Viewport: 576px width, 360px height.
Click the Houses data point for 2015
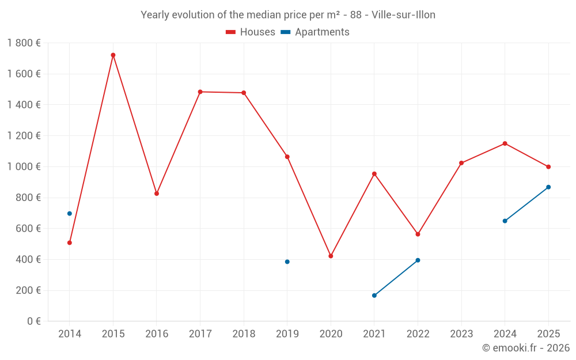(113, 55)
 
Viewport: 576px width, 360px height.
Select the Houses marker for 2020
(331, 256)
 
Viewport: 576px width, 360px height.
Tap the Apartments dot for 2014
(70, 214)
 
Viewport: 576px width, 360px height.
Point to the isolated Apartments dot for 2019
(287, 262)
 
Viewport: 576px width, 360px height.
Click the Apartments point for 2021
(374, 295)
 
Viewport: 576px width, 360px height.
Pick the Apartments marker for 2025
(548, 187)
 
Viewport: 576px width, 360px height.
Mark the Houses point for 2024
(505, 143)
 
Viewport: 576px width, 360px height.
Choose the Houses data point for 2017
(200, 92)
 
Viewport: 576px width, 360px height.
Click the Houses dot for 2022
(418, 234)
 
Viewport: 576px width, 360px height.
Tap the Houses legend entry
(251, 32)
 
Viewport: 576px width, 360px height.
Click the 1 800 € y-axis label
(24, 43)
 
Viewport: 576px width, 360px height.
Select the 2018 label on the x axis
(244, 334)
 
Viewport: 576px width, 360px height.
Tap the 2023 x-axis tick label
(461, 334)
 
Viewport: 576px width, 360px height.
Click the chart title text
(288, 15)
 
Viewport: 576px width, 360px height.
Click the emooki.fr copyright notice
(525, 348)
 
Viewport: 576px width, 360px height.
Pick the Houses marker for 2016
(157, 194)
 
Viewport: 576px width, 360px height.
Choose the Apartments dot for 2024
(505, 221)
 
